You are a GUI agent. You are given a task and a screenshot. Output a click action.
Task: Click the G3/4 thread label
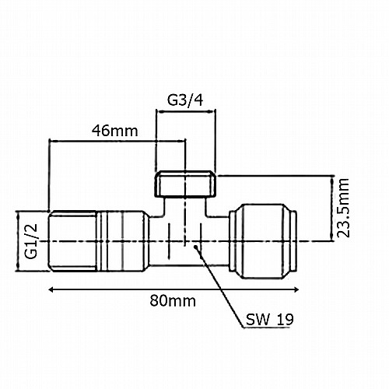[x=185, y=100]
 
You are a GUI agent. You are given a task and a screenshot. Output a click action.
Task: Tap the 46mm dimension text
[x=114, y=131]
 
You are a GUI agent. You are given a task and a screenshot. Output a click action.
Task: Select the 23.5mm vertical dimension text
[x=343, y=208]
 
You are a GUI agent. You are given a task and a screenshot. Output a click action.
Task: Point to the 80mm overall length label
[x=173, y=301]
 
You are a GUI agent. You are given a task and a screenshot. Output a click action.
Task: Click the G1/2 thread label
[x=31, y=241]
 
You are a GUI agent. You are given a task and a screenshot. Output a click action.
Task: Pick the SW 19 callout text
[x=270, y=319]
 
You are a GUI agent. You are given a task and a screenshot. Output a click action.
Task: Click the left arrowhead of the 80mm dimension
[x=51, y=289]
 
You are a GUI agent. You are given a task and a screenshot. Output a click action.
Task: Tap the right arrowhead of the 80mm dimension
[x=296, y=289]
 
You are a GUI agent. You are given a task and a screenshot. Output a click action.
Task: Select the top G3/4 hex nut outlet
[x=185, y=184]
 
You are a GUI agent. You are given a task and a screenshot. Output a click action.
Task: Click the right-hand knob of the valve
[x=263, y=241]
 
